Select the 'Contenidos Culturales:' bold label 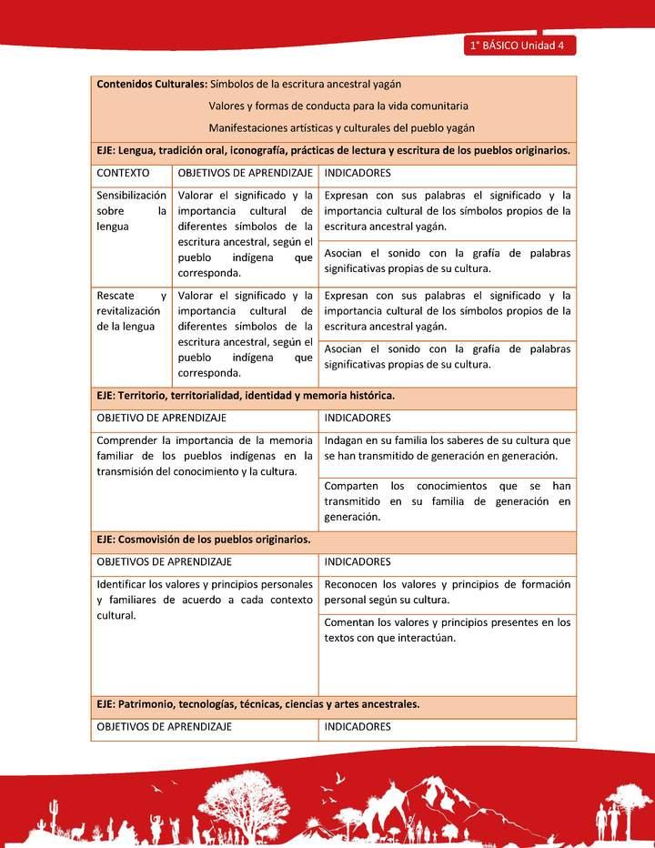[x=151, y=84]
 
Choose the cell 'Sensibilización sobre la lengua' [x=131, y=210]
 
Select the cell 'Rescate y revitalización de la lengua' [x=131, y=310]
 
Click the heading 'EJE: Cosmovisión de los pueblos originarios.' [x=204, y=540]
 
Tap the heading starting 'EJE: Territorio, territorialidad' [x=245, y=396]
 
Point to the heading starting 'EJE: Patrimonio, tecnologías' [x=257, y=704]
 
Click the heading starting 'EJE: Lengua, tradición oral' [x=333, y=150]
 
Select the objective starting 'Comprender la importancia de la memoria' [x=205, y=456]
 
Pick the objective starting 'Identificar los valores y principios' [x=205, y=599]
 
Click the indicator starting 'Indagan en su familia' [x=447, y=448]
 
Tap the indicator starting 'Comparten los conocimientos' [x=447, y=500]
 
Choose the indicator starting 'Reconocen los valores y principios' [x=447, y=591]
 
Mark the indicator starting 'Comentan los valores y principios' [x=447, y=630]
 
